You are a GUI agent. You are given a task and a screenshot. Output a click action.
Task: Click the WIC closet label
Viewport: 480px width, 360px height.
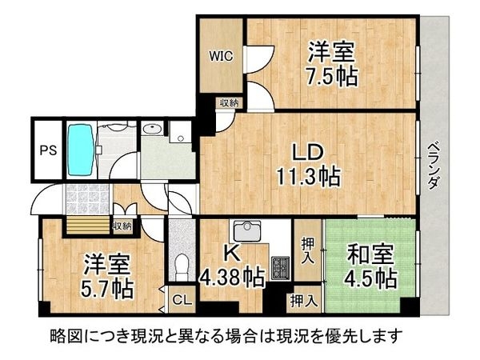click(221, 56)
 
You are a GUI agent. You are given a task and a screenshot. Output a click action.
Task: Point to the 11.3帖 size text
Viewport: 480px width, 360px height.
click(306, 176)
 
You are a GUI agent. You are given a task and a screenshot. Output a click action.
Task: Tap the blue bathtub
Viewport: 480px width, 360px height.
click(79, 150)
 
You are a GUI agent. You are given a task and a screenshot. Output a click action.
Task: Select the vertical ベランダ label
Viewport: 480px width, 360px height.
click(433, 163)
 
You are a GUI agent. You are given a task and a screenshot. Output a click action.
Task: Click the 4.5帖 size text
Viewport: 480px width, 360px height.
click(370, 279)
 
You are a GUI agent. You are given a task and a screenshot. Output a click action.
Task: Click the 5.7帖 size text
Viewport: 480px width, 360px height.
click(106, 286)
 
